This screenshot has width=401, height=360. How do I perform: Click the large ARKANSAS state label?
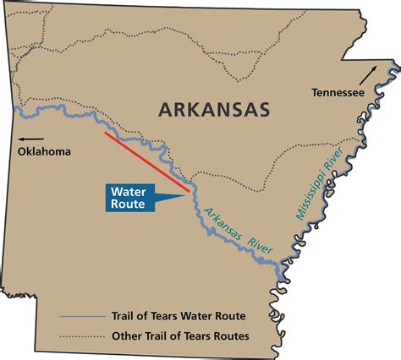click(x=212, y=110)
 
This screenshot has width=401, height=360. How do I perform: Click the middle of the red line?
click(x=146, y=158)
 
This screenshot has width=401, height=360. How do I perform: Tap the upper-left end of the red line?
click(x=105, y=133)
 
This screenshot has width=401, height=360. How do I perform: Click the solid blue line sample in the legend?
click(x=81, y=316)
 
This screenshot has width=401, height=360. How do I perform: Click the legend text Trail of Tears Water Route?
click(x=179, y=316)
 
